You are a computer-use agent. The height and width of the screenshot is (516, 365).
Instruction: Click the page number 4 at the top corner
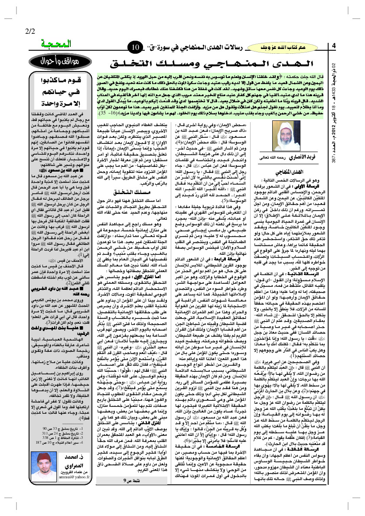pos(334,46)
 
